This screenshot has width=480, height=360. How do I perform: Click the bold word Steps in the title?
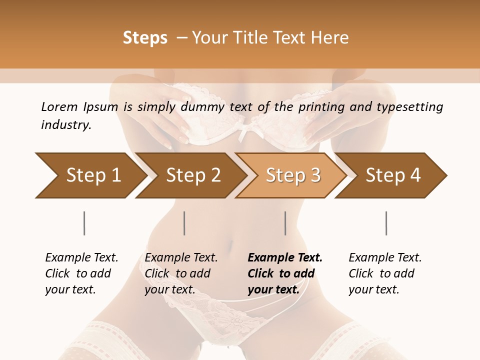145,38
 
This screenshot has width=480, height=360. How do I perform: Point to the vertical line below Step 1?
84,223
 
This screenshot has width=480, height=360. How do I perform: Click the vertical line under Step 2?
184,223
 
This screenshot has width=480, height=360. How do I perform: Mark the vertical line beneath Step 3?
285,223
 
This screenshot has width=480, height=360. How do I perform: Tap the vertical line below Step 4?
386,223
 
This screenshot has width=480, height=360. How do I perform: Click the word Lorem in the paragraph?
59,107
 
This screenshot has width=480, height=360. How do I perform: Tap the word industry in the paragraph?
66,125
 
